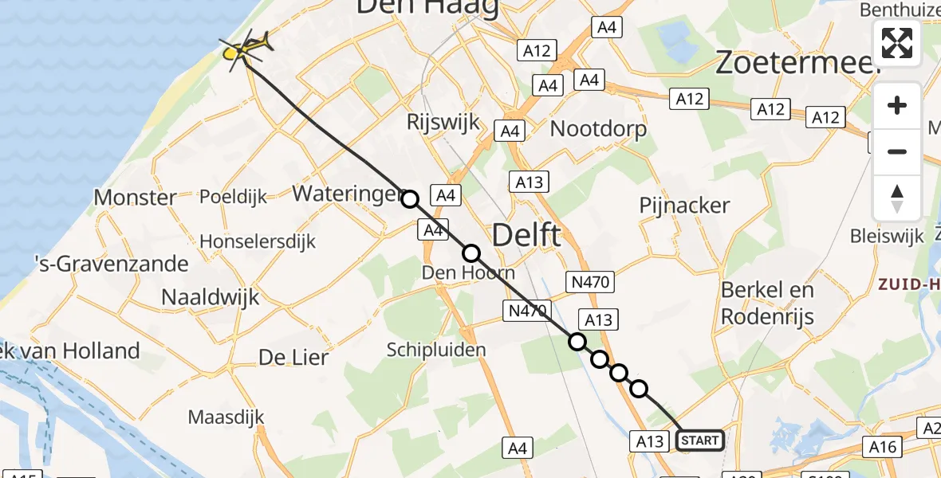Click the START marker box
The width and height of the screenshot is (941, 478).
point(700,441)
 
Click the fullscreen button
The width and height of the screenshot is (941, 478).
point(897,43)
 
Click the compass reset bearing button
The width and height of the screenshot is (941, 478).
point(897,198)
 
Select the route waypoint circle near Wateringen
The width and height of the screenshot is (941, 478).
point(410,199)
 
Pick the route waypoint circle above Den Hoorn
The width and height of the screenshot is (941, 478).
point(471,253)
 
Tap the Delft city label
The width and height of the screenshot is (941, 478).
point(526,236)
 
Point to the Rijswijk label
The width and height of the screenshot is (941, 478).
point(443,123)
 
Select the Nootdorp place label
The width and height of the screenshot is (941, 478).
point(598,128)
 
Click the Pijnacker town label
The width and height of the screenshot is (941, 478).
point(684,206)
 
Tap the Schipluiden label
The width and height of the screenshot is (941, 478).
point(435,350)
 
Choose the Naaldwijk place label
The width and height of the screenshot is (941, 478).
point(211,298)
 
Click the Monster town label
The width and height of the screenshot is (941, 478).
point(136,197)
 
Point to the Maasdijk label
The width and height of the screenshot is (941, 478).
point(226,417)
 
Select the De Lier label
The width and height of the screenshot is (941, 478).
point(293,358)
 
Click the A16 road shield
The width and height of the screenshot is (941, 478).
point(883,448)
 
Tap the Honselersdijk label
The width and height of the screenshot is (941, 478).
point(258,241)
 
